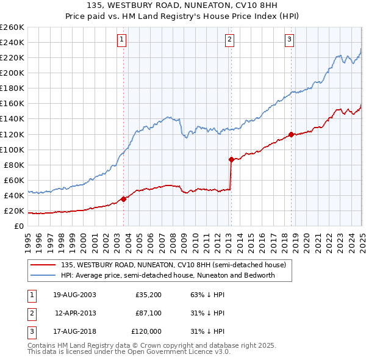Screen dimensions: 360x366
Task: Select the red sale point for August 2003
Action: point(124,198)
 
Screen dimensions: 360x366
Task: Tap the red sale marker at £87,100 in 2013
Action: point(231,159)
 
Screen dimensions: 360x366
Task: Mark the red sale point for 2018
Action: point(291,134)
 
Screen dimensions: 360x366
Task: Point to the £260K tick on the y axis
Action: point(12,27)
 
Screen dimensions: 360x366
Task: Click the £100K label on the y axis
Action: point(12,149)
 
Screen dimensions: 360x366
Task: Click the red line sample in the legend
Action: point(43,265)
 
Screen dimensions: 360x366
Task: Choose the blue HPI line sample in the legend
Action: point(43,275)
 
